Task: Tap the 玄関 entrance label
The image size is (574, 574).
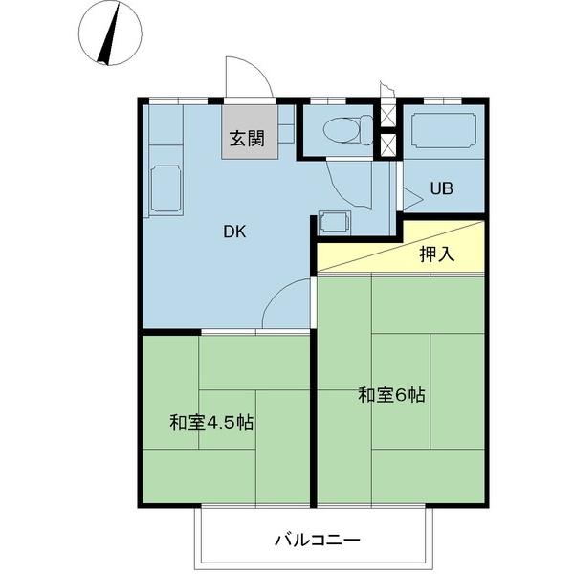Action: coord(246,138)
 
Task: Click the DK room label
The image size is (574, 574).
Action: coord(235,230)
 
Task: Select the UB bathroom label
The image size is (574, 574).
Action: coord(441,188)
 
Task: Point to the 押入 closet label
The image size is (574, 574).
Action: coord(436,254)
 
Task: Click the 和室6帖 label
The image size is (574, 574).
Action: coord(392,393)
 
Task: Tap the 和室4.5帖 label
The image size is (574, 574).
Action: coord(211,421)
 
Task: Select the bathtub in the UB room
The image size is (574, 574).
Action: coord(442,132)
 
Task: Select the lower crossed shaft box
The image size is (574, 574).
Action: coord(387,145)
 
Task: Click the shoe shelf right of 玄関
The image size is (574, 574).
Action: coord(285,128)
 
